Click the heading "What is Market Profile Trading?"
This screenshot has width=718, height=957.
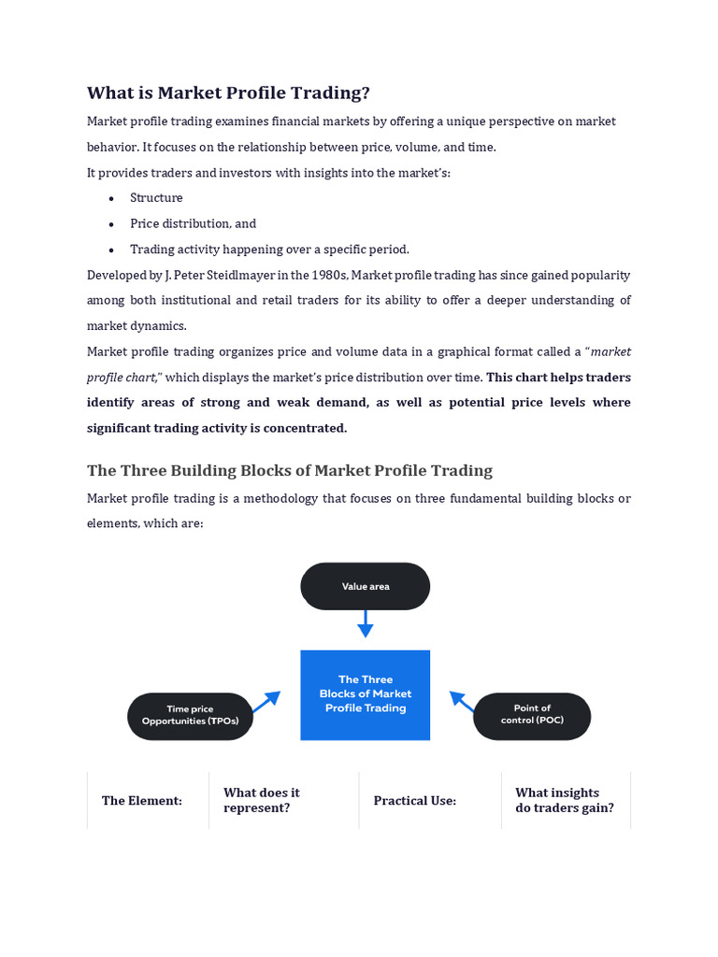(x=228, y=93)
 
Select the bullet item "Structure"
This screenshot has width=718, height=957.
(x=156, y=198)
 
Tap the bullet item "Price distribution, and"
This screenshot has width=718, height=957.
(x=193, y=223)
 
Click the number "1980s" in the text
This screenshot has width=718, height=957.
(x=328, y=275)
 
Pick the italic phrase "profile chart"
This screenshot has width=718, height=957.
(x=122, y=377)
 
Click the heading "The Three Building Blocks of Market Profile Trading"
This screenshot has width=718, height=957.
(x=290, y=470)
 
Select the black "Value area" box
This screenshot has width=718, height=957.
(x=365, y=586)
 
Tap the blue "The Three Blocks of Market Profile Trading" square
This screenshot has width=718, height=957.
(x=365, y=694)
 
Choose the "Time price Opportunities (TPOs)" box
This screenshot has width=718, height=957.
(x=190, y=716)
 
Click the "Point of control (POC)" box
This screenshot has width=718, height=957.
(x=532, y=715)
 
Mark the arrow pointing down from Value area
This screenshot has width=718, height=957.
(x=365, y=623)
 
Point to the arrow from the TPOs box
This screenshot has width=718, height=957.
(x=266, y=702)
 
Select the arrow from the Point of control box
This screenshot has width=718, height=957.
(x=463, y=702)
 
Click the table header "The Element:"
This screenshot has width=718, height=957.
(x=142, y=801)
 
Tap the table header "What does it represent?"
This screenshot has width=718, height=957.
(x=262, y=800)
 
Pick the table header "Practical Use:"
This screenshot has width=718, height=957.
(x=415, y=801)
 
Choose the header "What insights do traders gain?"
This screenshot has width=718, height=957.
(x=565, y=800)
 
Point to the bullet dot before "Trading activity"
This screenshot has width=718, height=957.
(x=111, y=250)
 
